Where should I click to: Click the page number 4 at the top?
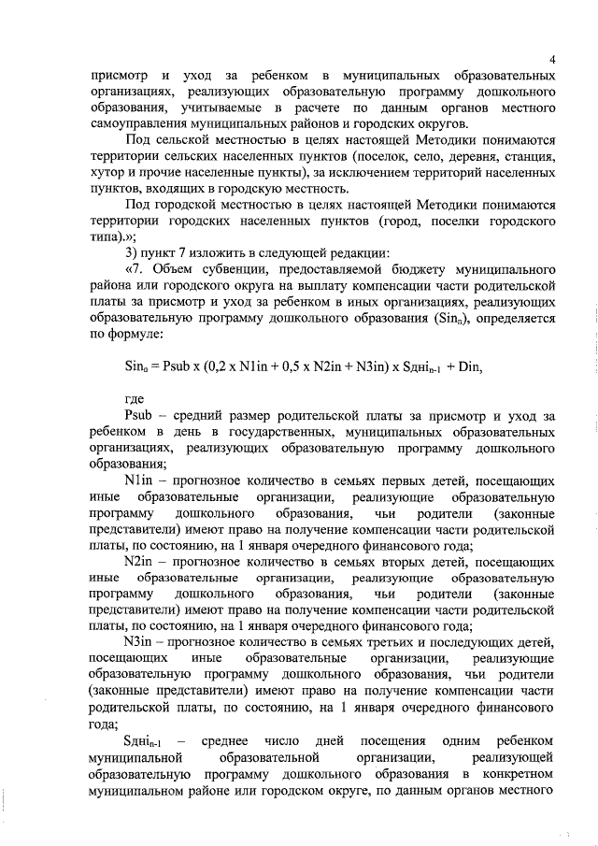553,61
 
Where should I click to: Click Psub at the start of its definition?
137,417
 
